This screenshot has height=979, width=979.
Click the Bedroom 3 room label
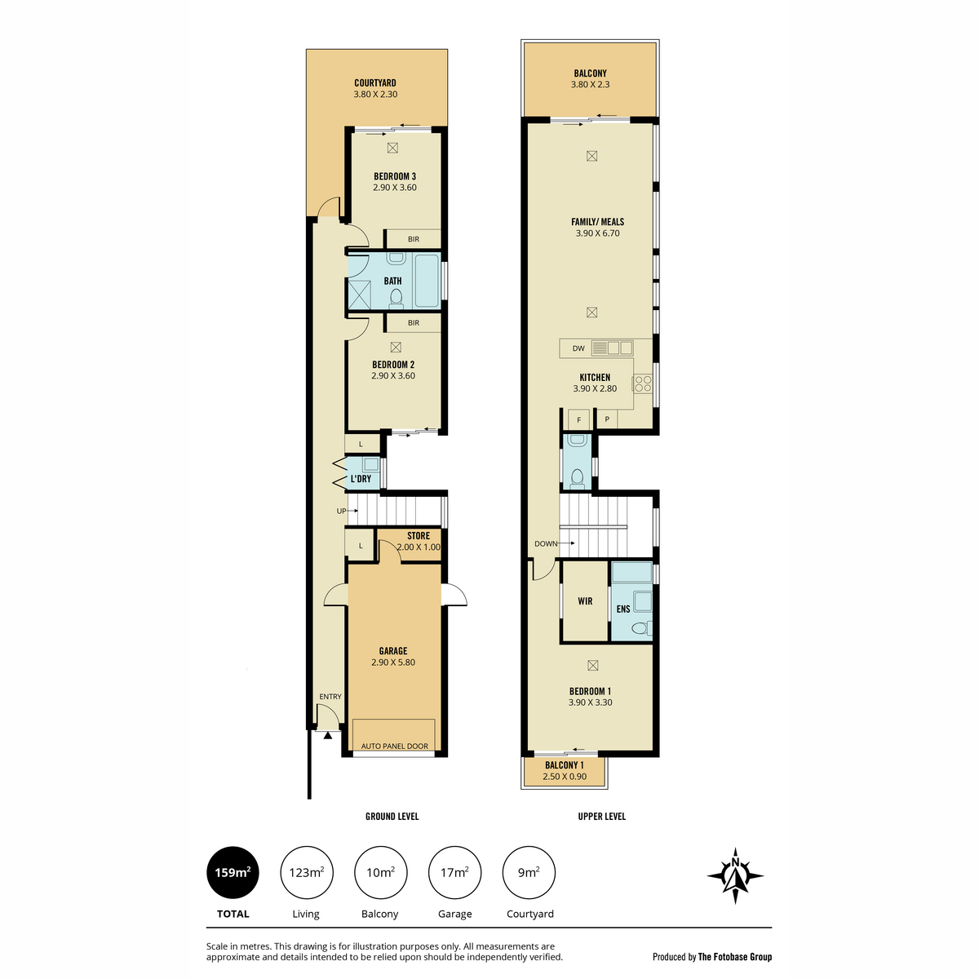[x=394, y=176]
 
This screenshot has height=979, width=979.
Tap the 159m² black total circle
[x=233, y=872]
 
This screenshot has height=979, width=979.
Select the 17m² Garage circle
[x=454, y=872]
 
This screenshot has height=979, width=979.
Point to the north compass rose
[x=734, y=875]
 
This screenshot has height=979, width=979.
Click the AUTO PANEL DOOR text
[x=394, y=746]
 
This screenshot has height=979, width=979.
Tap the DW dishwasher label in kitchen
[x=578, y=348]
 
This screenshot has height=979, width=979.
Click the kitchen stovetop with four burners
[x=643, y=383]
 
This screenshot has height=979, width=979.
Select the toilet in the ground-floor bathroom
[x=396, y=299]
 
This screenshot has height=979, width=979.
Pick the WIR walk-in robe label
[x=585, y=601]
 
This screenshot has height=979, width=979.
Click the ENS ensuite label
[x=622, y=609]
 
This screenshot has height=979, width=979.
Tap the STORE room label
[x=419, y=535]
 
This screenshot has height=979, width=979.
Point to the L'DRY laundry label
[x=361, y=479]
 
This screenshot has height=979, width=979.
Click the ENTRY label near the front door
[x=330, y=697]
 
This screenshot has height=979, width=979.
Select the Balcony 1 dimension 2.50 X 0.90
[x=565, y=777]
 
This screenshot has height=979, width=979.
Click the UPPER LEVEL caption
[x=601, y=817]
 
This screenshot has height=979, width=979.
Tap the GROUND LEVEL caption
[x=392, y=817]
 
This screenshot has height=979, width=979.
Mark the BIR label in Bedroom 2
[x=414, y=322]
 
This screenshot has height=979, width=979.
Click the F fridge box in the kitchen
[x=578, y=419]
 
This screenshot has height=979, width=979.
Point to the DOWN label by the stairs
[x=546, y=543]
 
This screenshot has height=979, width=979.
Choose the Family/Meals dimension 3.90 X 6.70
[x=597, y=233]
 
